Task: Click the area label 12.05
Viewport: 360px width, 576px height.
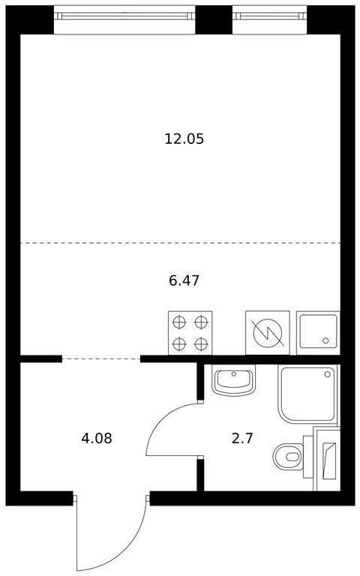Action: tap(184, 139)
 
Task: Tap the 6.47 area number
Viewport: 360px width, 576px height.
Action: tap(184, 280)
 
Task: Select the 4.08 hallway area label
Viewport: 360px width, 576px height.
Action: tap(97, 438)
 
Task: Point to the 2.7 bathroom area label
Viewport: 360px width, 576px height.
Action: tap(242, 438)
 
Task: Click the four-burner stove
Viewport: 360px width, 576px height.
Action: tap(190, 333)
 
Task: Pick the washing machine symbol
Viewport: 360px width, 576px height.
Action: tap(268, 333)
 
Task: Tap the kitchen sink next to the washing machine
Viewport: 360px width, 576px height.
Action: tap(318, 333)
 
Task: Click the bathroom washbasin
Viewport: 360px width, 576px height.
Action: tap(234, 380)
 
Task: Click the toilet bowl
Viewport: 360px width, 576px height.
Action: tap(288, 457)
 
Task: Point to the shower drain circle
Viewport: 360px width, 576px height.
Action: tap(327, 374)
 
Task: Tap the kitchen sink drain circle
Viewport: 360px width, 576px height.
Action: tap(325, 341)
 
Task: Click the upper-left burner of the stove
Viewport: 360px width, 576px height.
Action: tap(179, 322)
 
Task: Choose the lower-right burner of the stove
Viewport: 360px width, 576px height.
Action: tap(201, 344)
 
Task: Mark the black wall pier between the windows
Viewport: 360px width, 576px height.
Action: tap(214, 19)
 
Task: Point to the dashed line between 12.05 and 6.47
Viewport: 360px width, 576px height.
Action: tap(180, 243)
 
